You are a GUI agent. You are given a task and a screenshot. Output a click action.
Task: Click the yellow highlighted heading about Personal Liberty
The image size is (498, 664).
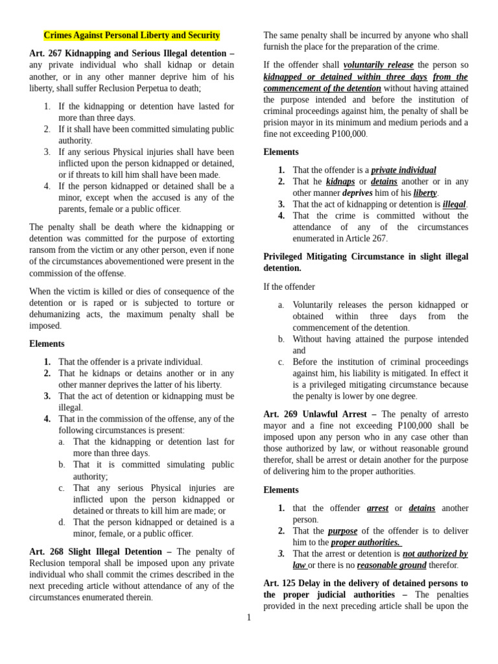point(132,35)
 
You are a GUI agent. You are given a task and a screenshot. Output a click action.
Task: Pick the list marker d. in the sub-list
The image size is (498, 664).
point(62,522)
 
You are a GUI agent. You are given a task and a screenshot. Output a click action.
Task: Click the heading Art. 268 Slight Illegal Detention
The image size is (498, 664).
point(100,551)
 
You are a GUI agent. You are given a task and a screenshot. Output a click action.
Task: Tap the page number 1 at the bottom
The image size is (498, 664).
point(248,617)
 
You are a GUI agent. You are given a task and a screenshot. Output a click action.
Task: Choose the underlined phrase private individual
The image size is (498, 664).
point(403,170)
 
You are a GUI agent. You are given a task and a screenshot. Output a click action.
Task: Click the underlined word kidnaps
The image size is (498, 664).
point(340,182)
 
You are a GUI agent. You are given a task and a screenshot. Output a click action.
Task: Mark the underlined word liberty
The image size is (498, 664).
point(425,193)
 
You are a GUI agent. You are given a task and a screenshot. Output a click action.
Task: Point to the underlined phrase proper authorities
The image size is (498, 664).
point(365,542)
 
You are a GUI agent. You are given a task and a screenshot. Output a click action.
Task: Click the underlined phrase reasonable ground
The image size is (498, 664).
point(391,565)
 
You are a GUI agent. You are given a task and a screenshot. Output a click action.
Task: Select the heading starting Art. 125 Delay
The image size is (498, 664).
point(365,583)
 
